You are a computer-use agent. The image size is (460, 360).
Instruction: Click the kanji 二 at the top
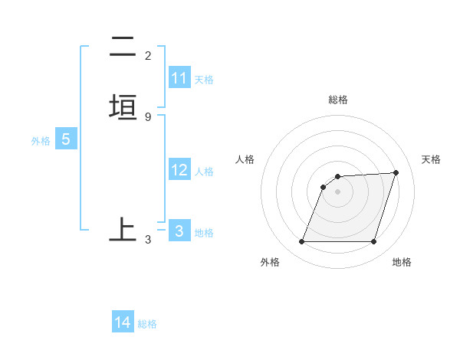[123, 47]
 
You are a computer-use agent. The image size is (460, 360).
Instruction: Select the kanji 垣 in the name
[123, 107]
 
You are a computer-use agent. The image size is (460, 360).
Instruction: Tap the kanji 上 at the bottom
[123, 229]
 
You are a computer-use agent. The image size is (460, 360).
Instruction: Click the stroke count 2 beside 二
[148, 56]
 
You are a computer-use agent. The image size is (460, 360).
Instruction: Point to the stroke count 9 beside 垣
[148, 116]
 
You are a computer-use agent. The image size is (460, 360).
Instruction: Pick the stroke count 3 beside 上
[148, 240]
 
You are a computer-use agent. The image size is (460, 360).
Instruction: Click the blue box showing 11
[179, 78]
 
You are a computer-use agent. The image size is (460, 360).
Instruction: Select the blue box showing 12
[179, 170]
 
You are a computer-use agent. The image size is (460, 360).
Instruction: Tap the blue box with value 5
[66, 139]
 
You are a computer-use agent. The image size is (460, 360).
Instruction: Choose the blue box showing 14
[123, 322]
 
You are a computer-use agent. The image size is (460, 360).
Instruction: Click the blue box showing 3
[179, 231]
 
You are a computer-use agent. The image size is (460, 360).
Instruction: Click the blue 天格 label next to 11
[204, 79]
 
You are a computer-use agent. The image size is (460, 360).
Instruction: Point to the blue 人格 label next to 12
[204, 172]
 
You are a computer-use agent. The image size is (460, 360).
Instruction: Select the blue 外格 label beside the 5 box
[41, 141]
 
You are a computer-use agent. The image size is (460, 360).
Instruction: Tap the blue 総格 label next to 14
[147, 324]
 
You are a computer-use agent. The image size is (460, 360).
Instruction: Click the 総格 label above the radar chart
[338, 100]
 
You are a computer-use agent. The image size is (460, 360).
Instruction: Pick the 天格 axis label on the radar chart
[432, 159]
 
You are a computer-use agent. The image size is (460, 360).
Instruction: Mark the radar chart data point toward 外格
[301, 242]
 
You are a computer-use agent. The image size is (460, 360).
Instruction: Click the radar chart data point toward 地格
[373, 242]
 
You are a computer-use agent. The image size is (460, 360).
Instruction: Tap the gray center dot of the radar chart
[338, 191]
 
